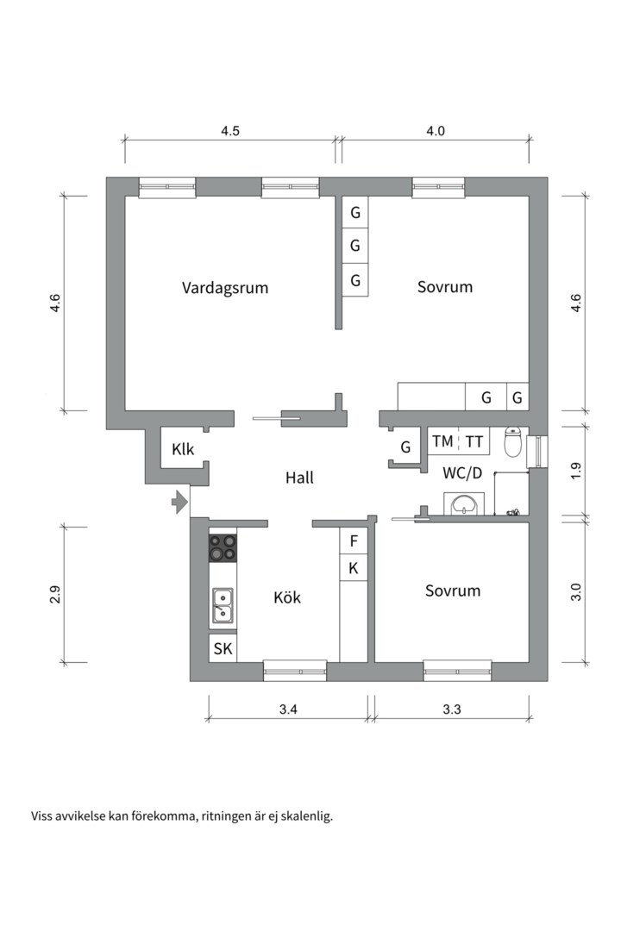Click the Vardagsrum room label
tap(225, 287)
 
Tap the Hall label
tap(299, 477)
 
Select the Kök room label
tap(287, 597)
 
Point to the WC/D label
tap(461, 472)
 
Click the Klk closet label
tap(183, 448)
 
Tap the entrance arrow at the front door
tap(179, 501)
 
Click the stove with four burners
tap(223, 547)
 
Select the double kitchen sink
tap(223, 605)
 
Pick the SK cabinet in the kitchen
tap(223, 649)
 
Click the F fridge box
tap(354, 541)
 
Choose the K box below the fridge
tap(354, 567)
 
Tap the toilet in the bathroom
tap(512, 443)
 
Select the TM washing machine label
tap(442, 441)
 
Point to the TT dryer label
tap(474, 441)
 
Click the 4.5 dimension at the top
tap(230, 131)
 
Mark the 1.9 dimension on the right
tap(577, 471)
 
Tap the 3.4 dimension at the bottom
tap(289, 710)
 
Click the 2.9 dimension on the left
tap(55, 594)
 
